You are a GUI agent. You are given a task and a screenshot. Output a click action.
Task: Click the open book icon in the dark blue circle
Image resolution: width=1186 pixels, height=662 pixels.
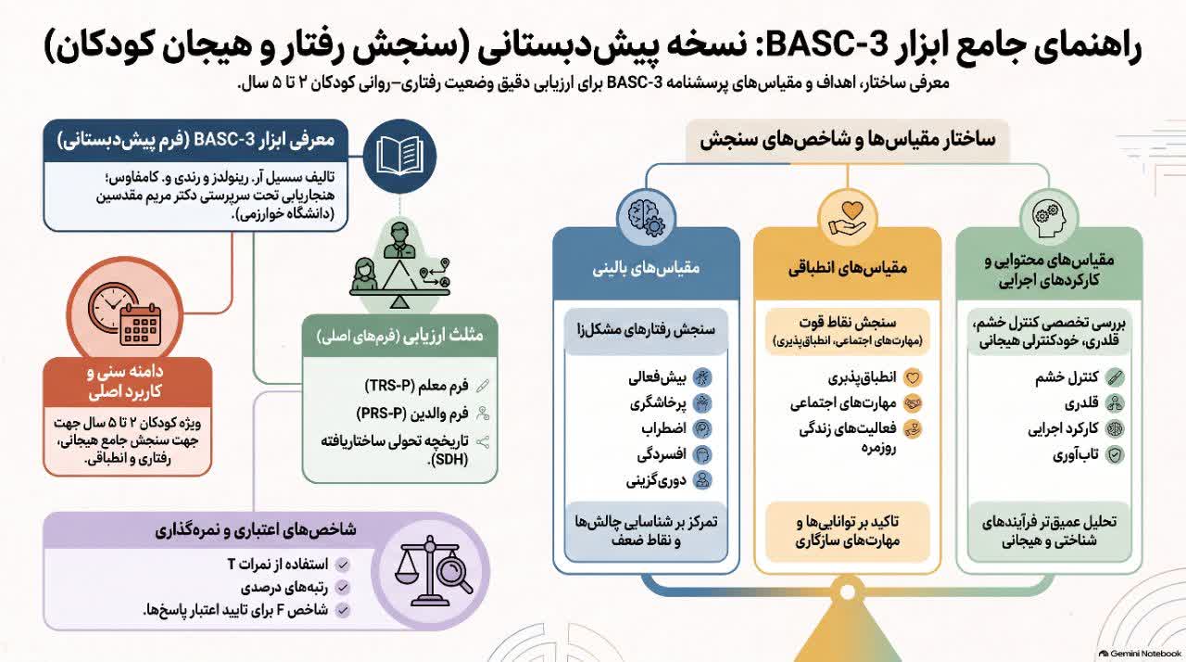click(x=399, y=156)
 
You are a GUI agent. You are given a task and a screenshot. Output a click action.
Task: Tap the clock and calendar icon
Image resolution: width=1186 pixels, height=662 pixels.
click(x=125, y=314)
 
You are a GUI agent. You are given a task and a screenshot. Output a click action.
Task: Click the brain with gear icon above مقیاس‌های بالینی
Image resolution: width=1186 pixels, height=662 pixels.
click(x=646, y=218)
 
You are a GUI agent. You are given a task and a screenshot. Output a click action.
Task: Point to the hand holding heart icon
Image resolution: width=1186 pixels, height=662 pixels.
click(x=848, y=219)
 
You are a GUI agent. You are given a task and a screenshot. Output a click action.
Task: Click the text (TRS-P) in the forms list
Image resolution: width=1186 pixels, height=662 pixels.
click(x=388, y=386)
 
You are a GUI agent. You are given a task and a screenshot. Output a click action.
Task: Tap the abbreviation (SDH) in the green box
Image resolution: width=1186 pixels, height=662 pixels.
click(x=449, y=460)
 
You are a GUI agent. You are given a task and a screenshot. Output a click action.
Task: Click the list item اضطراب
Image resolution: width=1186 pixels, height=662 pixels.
click(x=663, y=428)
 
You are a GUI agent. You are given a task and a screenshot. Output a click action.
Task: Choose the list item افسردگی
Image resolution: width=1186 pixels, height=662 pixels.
click(x=662, y=454)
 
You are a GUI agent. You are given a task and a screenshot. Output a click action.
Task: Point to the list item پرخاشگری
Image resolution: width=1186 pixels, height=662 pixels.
click(x=658, y=403)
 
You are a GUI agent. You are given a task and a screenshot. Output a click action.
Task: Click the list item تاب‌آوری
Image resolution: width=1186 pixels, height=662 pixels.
click(x=1076, y=454)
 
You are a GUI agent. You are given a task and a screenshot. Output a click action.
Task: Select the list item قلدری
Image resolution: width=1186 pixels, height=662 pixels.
click(x=1081, y=403)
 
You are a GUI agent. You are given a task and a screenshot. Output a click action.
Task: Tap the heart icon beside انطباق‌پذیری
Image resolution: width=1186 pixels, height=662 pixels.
click(x=913, y=377)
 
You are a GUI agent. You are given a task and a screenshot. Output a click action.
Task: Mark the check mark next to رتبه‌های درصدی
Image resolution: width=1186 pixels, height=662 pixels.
click(x=343, y=587)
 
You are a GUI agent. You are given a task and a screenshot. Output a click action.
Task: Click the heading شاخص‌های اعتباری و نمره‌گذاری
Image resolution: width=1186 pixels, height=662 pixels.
click(x=256, y=530)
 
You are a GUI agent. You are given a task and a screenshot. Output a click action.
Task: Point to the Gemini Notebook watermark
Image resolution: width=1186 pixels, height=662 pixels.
click(x=1140, y=654)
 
